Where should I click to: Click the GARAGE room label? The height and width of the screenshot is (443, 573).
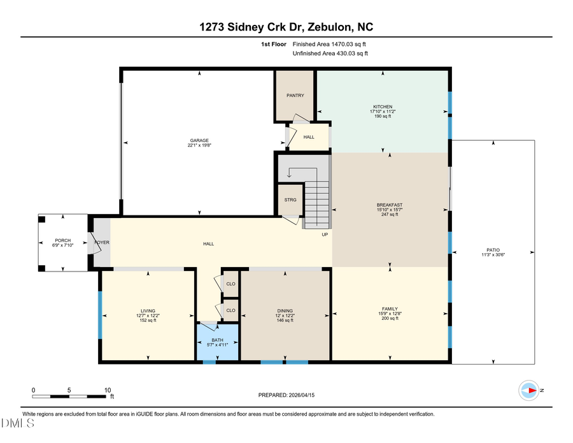click(199, 141)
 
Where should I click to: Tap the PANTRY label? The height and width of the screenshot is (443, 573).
click(295, 96)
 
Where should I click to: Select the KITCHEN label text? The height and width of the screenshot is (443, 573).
click(383, 106)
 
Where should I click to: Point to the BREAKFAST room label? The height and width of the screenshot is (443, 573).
click(389, 205)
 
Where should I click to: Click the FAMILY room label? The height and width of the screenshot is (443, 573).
click(389, 309)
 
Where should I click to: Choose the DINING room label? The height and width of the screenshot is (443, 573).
click(285, 311)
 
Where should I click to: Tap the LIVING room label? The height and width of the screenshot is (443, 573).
click(148, 311)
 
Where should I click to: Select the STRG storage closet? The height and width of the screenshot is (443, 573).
click(290, 200)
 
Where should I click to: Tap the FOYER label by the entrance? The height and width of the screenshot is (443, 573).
click(103, 243)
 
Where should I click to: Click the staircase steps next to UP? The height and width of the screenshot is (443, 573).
click(316, 204)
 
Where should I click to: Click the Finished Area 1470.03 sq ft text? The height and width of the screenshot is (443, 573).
click(329, 45)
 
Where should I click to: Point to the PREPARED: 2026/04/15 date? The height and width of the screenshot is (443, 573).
click(286, 395)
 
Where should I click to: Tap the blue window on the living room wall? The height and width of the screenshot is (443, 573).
click(100, 314)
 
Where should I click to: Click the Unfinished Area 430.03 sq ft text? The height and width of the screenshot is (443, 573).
click(330, 54)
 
